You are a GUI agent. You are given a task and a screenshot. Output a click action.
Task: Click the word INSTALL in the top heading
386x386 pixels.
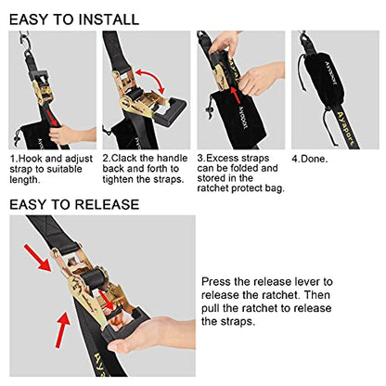coord(109,19)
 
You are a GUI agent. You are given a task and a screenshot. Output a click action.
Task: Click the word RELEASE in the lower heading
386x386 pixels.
coord(107,205)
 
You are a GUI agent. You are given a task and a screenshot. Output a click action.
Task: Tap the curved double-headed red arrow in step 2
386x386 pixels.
coord(150,79)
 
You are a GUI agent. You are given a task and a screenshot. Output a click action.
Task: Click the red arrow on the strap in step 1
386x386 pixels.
coord(51,118)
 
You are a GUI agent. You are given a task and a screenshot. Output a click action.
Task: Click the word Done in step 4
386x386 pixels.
coord(314,160)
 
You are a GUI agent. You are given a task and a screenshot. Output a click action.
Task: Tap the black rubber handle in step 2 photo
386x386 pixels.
coord(170,110)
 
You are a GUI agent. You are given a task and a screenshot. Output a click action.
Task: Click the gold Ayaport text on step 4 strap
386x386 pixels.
coord(343,131)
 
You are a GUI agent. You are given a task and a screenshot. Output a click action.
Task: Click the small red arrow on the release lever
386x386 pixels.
coord(108,299)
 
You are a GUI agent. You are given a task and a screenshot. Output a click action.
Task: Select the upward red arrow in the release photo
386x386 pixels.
coord(62,329)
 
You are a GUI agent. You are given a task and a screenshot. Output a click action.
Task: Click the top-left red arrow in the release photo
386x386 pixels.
coord(37,258)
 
